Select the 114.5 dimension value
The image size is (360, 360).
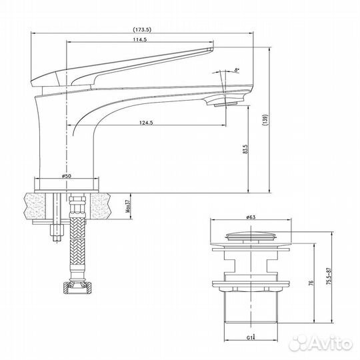(139, 39)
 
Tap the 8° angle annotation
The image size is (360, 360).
(237, 70)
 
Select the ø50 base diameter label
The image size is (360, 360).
(67, 175)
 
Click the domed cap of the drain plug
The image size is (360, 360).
(251, 235)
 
